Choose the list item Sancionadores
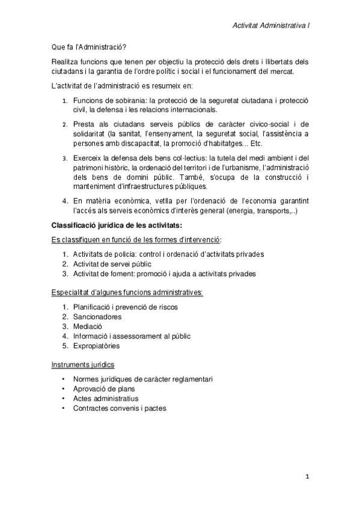[x=97, y=317]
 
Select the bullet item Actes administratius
[x=105, y=398]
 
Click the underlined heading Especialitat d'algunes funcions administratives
[x=127, y=293]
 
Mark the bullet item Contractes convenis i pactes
[x=120, y=408]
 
